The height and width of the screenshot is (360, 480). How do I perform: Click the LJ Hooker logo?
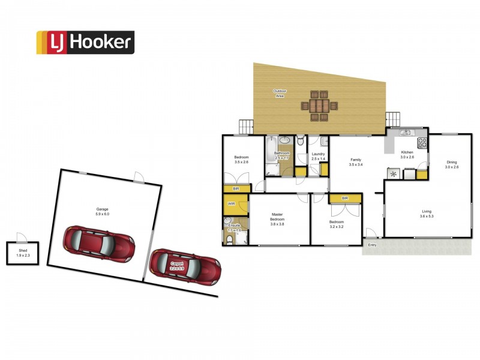(85, 43)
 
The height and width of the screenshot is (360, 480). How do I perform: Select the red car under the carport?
(185, 268)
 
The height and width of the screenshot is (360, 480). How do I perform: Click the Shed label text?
(22, 252)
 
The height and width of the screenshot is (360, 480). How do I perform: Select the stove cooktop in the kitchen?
(422, 143)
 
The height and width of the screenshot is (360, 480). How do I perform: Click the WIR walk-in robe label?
(231, 204)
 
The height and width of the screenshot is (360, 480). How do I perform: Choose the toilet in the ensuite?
(230, 240)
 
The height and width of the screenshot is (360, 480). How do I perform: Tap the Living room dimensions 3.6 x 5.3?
(427, 215)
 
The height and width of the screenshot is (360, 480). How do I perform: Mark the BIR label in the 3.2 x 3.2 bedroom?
(345, 198)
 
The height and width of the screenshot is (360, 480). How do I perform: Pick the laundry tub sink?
(324, 142)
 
